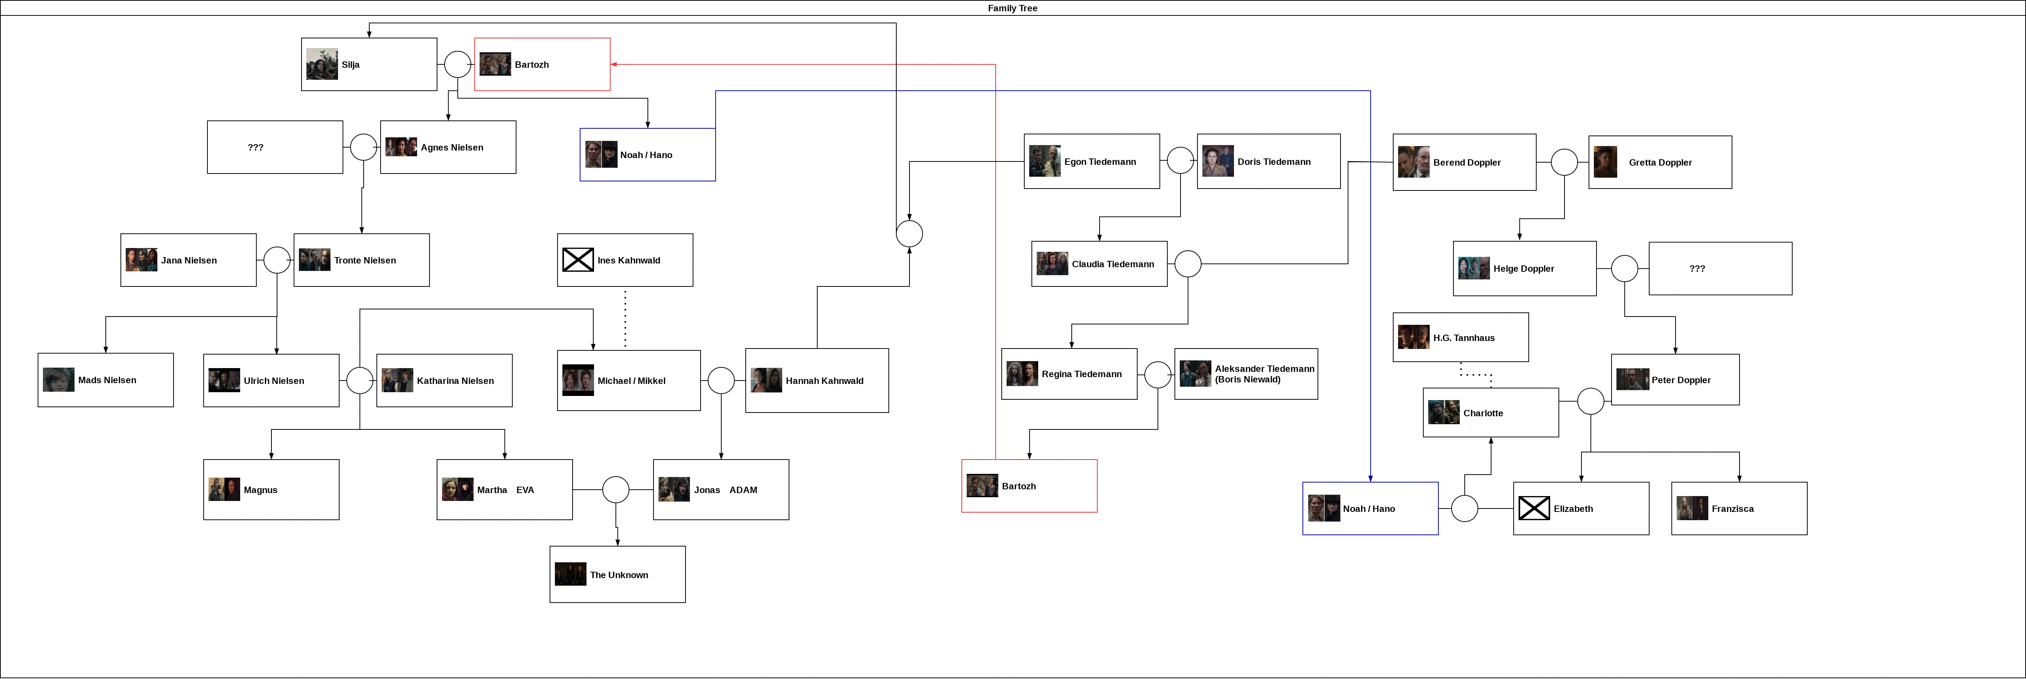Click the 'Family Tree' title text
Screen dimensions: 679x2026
[1012, 8]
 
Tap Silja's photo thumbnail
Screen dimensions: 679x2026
[322, 64]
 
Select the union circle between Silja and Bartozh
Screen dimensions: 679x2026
[458, 64]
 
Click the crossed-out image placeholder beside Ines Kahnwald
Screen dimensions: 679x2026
[578, 260]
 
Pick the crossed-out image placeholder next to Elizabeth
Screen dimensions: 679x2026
[1534, 508]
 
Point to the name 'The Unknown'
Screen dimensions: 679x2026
[619, 575]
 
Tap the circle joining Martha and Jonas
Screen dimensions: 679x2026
[616, 489]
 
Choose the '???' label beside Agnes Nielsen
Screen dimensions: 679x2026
[256, 147]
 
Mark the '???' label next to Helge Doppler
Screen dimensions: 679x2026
[1697, 268]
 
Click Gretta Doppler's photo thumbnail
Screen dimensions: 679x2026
[1605, 162]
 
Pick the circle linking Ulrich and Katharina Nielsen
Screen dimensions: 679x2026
[360, 380]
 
